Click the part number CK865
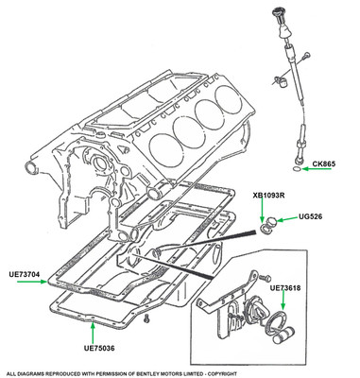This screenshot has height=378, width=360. [324, 163]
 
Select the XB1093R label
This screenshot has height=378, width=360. [268, 196]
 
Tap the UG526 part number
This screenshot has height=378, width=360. [310, 216]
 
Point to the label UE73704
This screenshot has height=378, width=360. [25, 275]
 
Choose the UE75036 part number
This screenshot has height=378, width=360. [99, 349]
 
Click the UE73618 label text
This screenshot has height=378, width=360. [285, 288]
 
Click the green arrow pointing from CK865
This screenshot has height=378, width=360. [317, 169]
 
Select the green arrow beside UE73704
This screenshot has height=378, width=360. [32, 282]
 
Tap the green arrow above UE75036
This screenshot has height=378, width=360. [93, 333]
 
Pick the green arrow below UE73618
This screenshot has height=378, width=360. [283, 300]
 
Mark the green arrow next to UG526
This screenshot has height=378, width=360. [287, 219]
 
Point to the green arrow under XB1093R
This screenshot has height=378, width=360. [262, 211]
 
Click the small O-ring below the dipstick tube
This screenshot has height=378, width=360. [297, 169]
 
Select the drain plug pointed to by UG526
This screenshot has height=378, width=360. [271, 222]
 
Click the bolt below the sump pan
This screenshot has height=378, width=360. [146, 318]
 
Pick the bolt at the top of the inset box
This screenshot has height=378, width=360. [265, 278]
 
